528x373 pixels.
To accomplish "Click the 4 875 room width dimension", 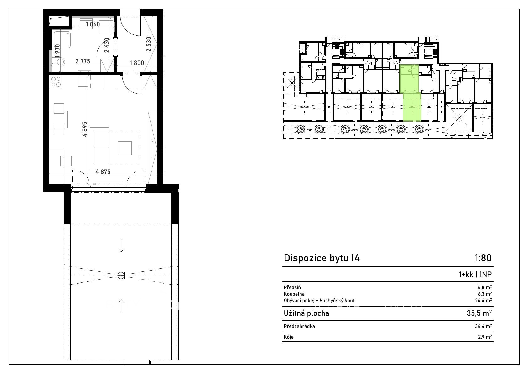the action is [x=103, y=172].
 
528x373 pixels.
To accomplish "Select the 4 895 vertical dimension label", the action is [x=85, y=129].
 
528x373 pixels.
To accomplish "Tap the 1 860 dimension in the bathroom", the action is [x=93, y=24].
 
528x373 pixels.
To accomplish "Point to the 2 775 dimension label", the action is [x=83, y=61].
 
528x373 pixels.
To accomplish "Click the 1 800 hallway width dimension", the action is [x=137, y=63].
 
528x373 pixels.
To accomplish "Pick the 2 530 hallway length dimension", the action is [x=148, y=44].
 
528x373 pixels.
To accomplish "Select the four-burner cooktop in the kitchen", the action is [x=56, y=81].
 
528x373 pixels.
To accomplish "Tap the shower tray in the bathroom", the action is [x=63, y=40].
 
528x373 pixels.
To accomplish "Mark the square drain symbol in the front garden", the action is [x=121, y=275].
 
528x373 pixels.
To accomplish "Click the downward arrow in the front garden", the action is [x=121, y=245].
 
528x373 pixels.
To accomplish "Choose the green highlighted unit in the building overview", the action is [x=410, y=93].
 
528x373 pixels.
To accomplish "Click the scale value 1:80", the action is [x=483, y=258].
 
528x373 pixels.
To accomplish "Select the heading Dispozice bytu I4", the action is [x=322, y=258].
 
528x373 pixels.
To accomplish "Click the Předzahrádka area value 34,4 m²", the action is [x=483, y=326].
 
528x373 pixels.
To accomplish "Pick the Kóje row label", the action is [x=289, y=337].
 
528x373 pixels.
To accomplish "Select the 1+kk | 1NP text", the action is [x=475, y=274].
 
